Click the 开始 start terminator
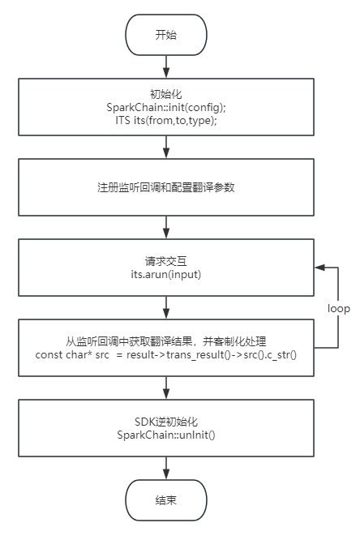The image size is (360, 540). point(165,35)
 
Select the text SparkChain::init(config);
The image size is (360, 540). point(165,107)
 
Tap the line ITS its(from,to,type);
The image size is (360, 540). point(165,119)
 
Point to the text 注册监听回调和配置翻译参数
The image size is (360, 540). point(165,187)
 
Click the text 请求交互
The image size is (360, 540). point(165,261)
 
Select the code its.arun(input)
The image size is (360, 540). point(165,274)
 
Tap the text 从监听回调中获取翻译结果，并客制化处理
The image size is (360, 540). point(165,341)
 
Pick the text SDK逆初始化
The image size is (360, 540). point(165,422)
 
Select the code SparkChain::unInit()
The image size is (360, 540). point(165,435)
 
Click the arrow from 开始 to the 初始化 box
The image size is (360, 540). point(165,66)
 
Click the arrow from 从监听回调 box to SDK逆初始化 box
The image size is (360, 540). point(165,387)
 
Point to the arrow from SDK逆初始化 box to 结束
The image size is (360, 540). point(165,467)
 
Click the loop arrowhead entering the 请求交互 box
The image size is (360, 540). point(319,268)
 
